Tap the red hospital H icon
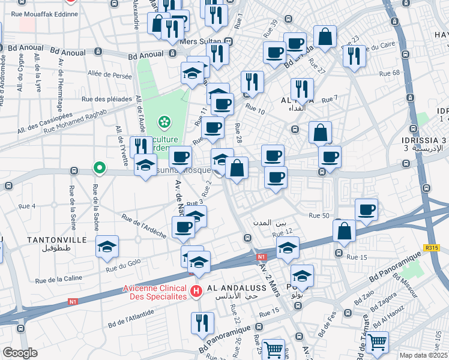(x=196, y=292)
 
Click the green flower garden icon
(x=164, y=122)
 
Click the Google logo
(x=19, y=353)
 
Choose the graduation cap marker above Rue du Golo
(x=107, y=247)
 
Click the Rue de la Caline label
(x=58, y=279)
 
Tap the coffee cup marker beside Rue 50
(x=366, y=209)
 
